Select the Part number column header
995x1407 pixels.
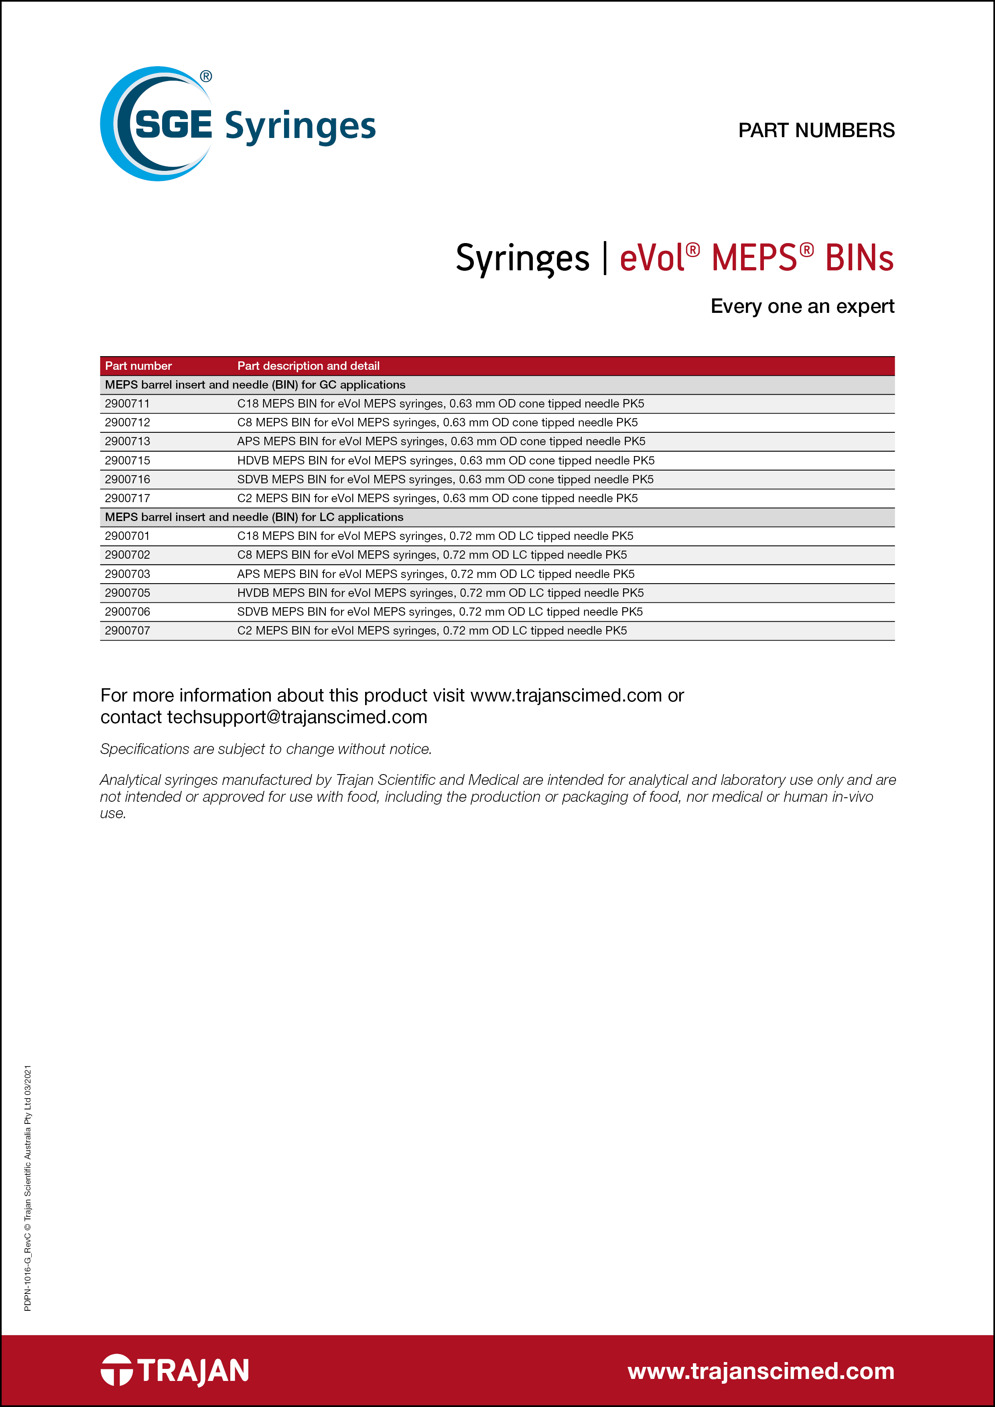[138, 366]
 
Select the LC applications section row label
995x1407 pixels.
[254, 517]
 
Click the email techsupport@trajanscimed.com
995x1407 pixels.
[297, 717]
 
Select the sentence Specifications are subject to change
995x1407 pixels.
[266, 749]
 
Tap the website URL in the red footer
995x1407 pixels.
[760, 1371]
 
